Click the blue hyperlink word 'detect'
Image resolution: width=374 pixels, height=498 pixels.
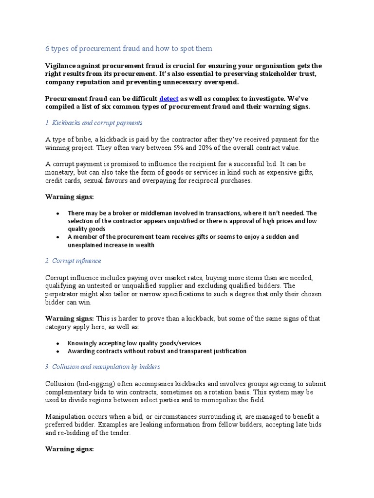click(x=168, y=98)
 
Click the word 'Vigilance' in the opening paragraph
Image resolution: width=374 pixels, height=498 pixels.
click(x=61, y=66)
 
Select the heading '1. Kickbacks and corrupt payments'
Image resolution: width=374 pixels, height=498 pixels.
click(x=93, y=123)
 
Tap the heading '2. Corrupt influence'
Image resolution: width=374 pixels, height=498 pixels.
click(x=73, y=261)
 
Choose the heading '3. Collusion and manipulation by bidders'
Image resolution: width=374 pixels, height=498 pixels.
click(x=102, y=366)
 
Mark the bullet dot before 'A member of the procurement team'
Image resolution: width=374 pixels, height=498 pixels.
click(x=58, y=237)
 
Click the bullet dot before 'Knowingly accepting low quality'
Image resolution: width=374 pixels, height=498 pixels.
click(x=58, y=343)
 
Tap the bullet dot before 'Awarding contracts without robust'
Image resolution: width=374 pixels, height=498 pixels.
click(x=58, y=351)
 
